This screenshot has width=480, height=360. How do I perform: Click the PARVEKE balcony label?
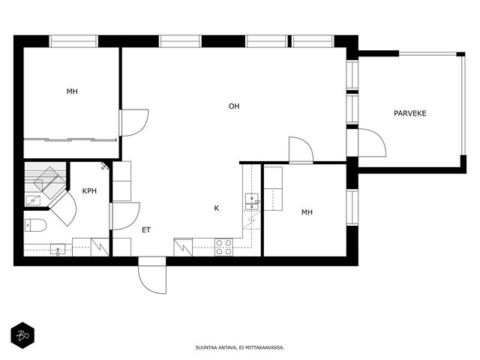410,113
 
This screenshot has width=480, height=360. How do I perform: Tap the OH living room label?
234,106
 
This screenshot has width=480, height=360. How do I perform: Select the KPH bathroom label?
89,191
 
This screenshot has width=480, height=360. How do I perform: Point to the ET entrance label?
146,230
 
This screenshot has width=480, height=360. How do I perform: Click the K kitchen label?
217,208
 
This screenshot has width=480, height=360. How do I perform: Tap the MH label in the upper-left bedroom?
72,91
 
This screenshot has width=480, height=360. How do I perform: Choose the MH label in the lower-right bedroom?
307,212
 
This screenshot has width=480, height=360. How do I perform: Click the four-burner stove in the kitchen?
223,247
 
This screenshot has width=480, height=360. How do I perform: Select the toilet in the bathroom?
35,225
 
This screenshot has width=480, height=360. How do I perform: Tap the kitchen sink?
252,202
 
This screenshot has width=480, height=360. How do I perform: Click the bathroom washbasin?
58,250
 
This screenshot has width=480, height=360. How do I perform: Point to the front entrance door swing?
152,275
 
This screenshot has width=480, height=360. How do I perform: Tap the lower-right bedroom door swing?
301,149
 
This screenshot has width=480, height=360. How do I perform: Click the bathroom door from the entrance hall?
125,216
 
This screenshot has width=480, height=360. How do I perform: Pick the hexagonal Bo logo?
22,335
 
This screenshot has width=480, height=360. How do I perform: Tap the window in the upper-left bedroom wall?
73,41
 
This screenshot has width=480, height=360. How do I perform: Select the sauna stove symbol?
33,200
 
